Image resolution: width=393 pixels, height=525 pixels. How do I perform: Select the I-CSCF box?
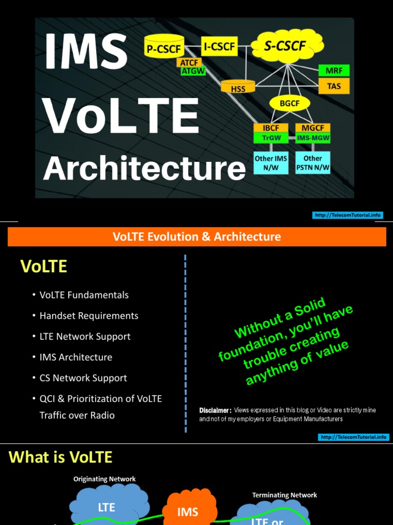219,47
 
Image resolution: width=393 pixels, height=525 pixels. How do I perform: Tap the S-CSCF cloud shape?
286,47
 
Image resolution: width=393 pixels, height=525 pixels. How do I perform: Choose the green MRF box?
334,70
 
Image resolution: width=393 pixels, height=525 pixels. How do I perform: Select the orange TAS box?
334,86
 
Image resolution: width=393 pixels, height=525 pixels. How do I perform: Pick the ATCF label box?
189,63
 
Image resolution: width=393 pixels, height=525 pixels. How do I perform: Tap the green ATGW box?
193,72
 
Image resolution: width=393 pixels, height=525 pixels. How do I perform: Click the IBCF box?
271,128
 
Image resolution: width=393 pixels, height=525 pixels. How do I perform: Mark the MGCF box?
313,128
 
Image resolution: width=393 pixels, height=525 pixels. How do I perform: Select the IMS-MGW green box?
313,138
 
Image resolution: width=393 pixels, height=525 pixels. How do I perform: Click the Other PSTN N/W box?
313,163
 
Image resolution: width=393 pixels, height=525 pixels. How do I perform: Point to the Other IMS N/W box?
271,163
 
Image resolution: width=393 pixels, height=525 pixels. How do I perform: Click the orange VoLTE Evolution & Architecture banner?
196,237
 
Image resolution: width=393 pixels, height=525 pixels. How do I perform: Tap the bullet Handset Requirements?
89,316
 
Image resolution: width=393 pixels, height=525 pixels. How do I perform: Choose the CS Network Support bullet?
83,378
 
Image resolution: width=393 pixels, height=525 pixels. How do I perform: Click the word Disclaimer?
215,410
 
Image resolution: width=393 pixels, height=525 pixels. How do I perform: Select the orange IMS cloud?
187,511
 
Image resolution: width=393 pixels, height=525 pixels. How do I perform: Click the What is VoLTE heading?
60,457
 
